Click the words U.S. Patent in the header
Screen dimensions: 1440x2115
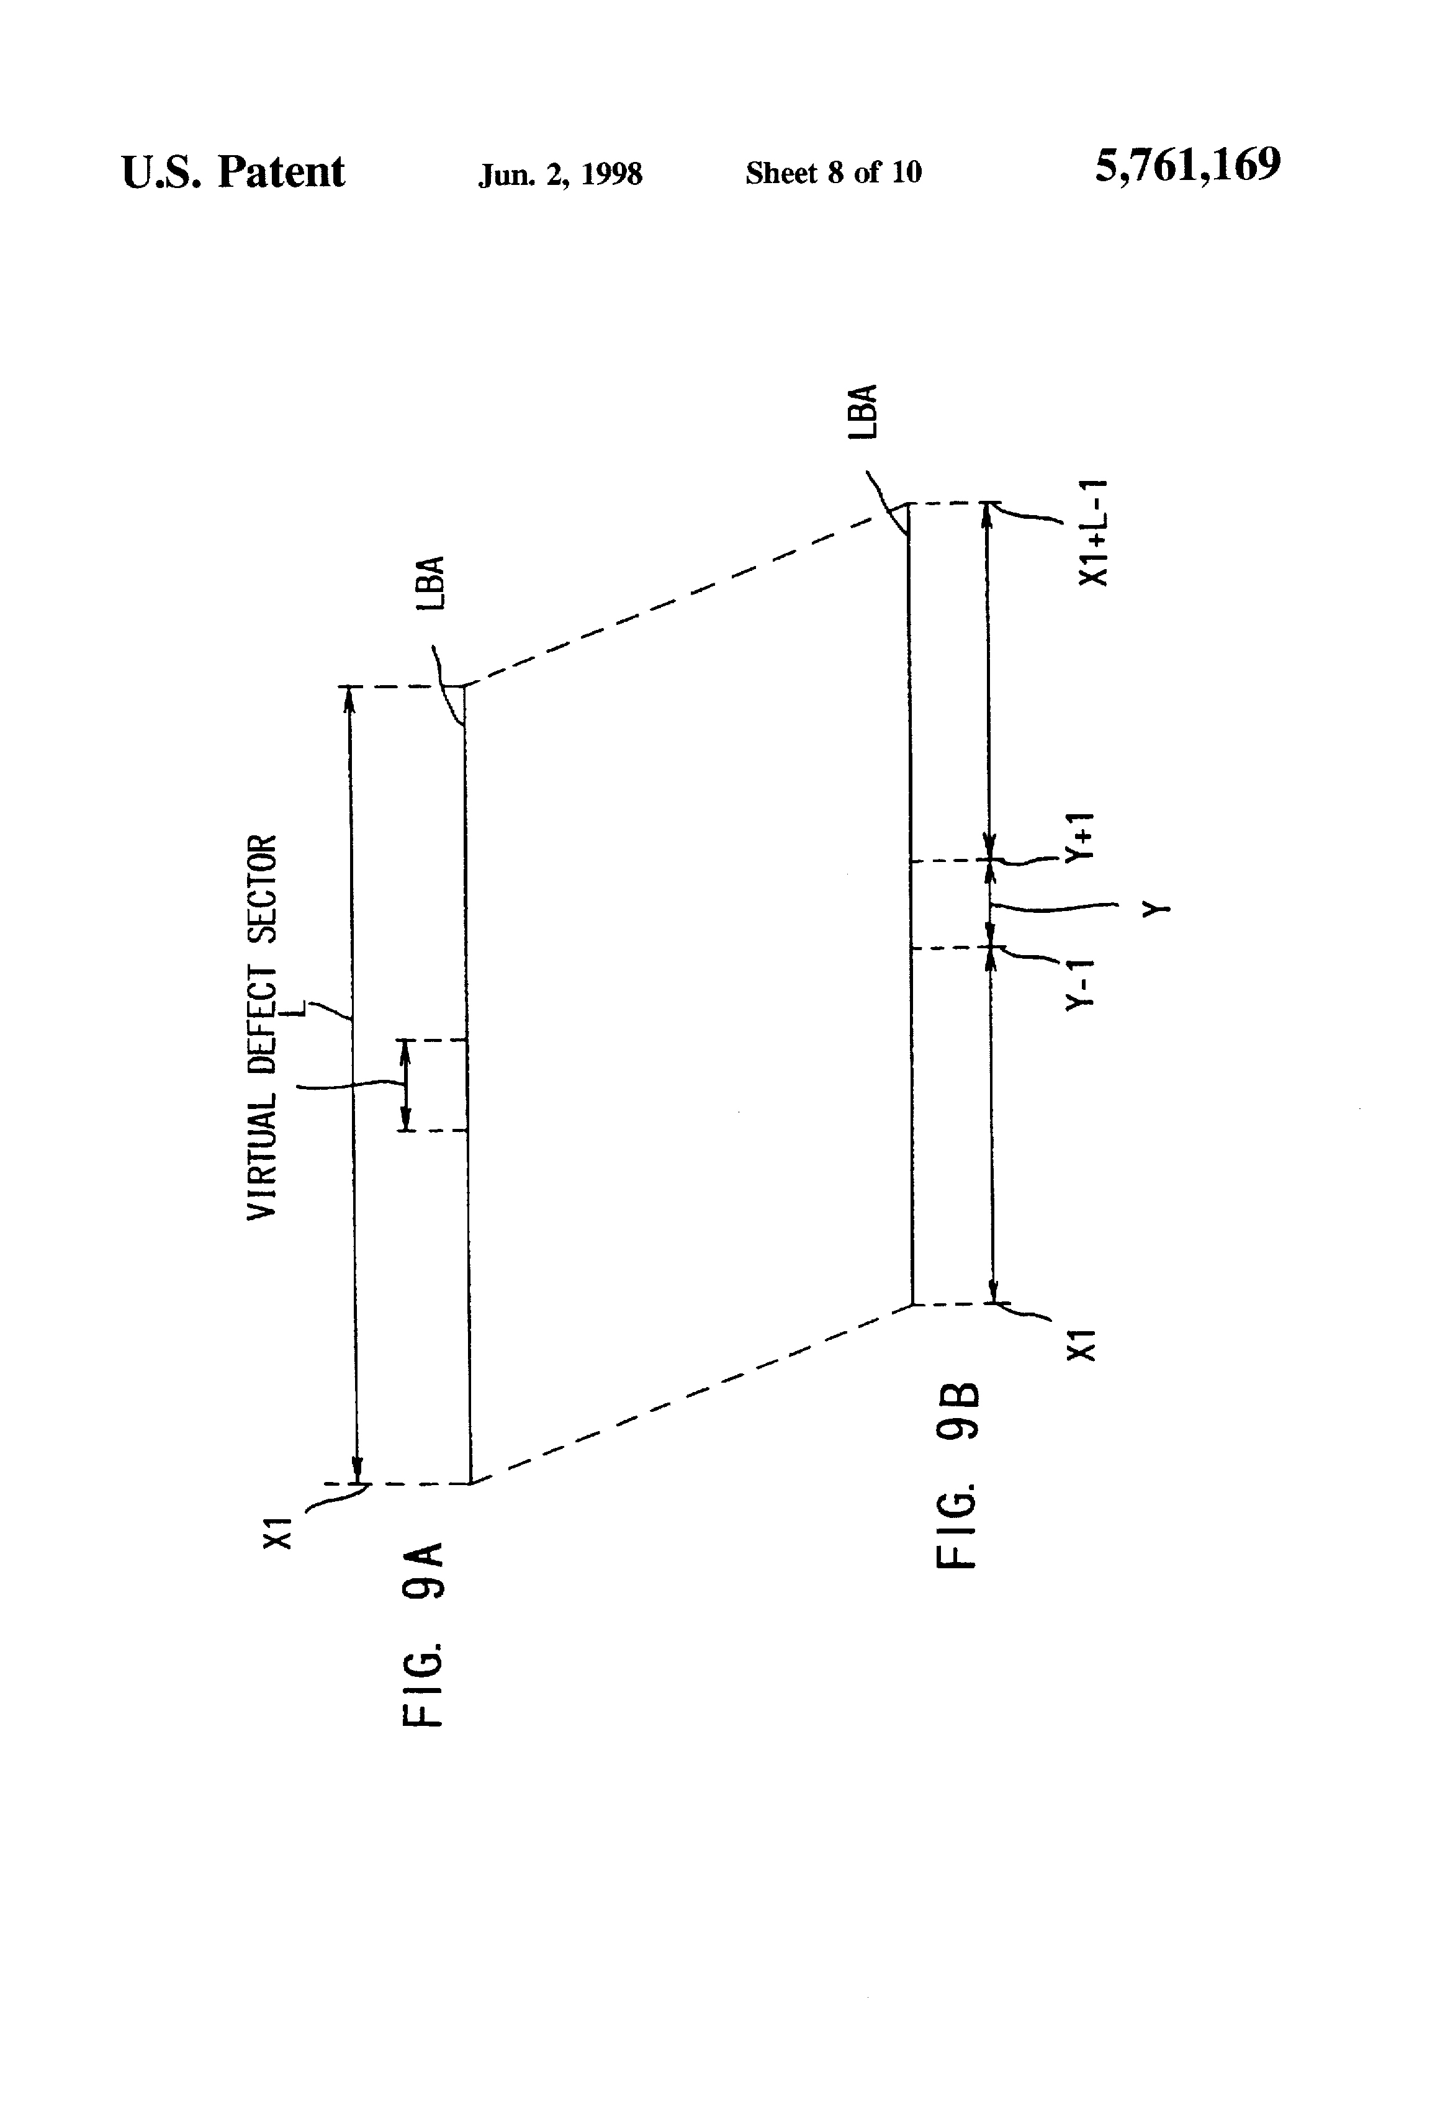click(233, 171)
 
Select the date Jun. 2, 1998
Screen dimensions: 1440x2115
click(560, 174)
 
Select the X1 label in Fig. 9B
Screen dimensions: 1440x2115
click(1081, 1344)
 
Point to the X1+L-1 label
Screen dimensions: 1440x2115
click(1092, 532)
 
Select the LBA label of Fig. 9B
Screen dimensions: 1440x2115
click(863, 411)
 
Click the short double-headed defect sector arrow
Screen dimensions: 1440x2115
click(406, 1085)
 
